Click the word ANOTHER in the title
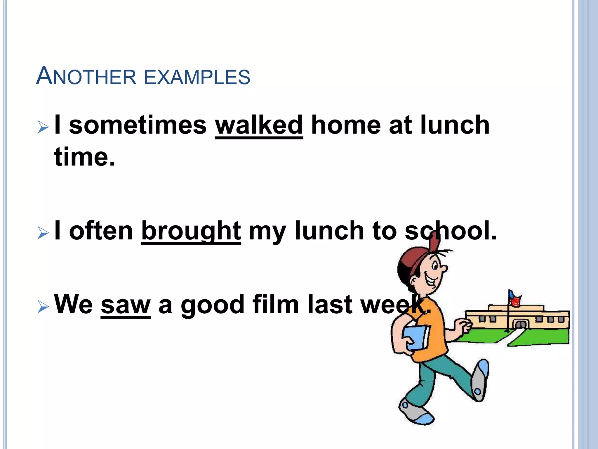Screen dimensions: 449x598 [86, 77]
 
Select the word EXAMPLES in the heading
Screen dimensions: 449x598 [197, 77]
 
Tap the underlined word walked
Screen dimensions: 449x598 [259, 125]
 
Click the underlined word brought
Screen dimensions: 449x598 [191, 231]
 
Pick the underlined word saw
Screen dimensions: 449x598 [126, 305]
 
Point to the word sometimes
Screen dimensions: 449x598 [138, 125]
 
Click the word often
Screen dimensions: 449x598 [101, 231]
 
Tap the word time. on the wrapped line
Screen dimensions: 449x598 [85, 157]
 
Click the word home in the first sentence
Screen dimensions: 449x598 [346, 125]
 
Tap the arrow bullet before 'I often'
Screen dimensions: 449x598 [43, 233]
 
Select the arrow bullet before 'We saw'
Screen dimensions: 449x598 [43, 307]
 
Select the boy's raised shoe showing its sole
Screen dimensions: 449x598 [479, 380]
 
